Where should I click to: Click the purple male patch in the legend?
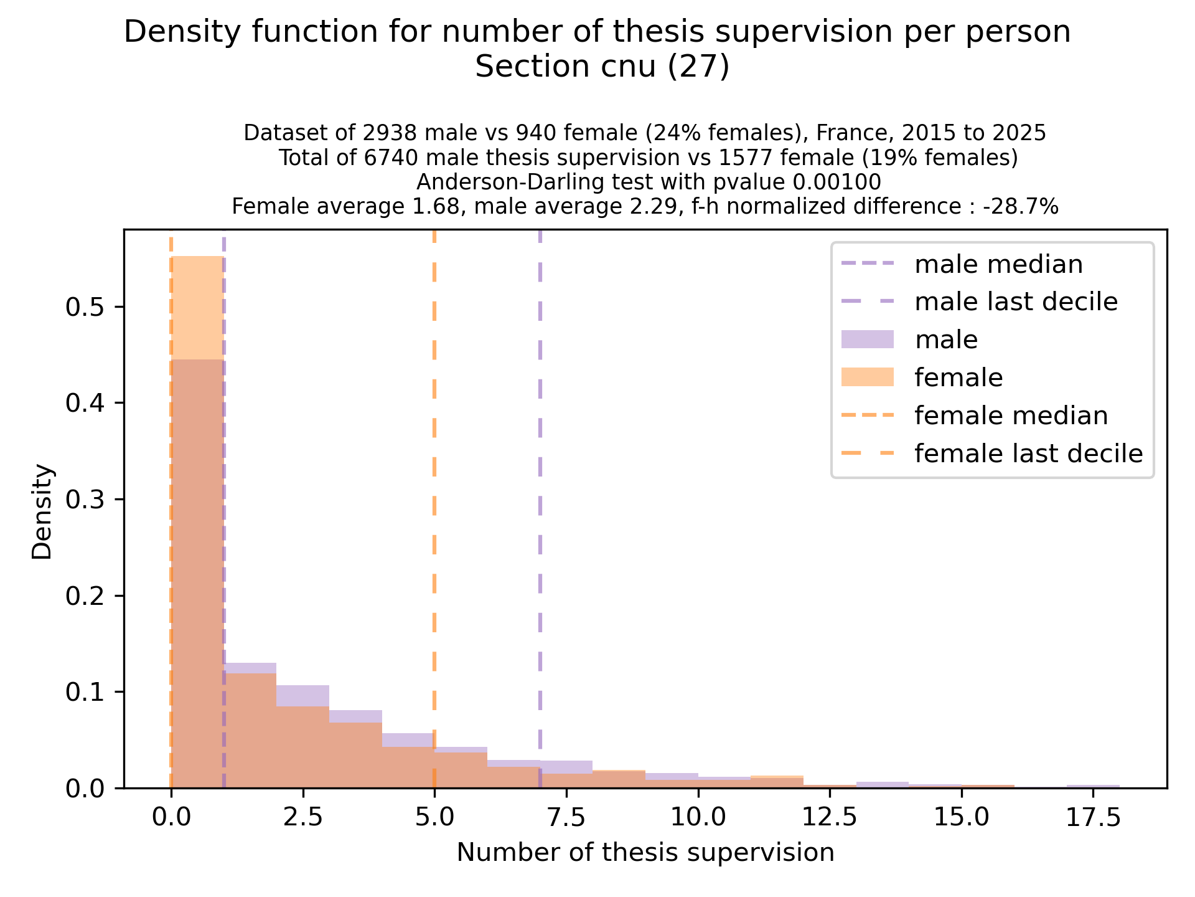(867, 339)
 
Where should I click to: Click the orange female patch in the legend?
(867, 377)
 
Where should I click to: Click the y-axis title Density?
(43, 511)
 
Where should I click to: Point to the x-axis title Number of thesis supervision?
(645, 853)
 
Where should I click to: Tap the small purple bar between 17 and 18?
(1094, 786)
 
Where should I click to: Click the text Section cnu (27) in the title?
(602, 67)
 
